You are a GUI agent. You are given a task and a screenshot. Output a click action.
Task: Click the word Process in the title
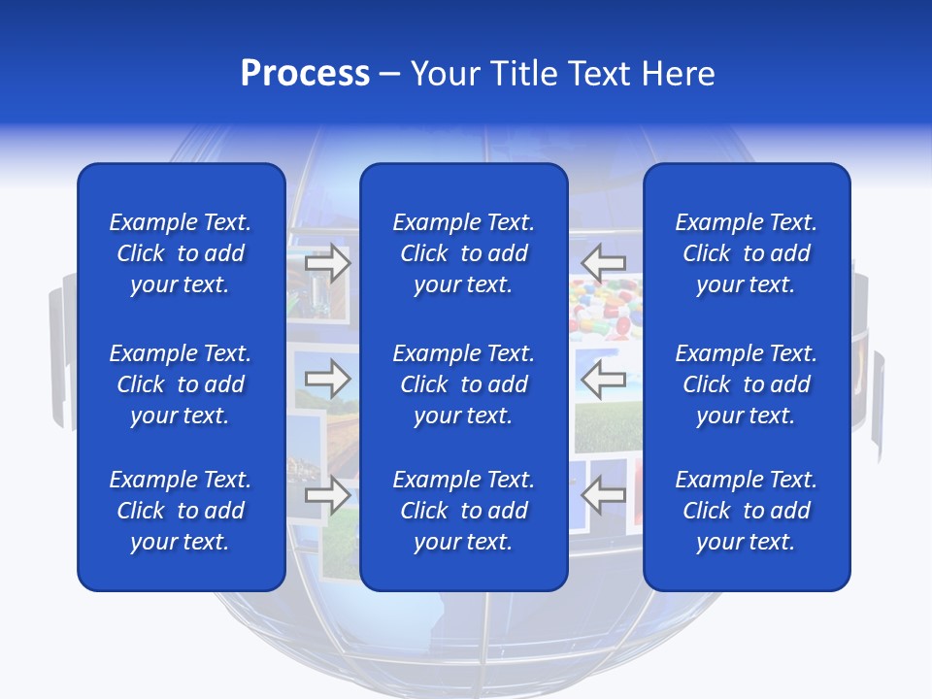click(x=305, y=74)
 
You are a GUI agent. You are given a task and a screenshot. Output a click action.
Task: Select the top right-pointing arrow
click(x=328, y=263)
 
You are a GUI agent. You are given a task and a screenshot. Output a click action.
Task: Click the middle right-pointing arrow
click(x=328, y=378)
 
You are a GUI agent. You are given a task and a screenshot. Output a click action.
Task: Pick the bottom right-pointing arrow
click(x=328, y=494)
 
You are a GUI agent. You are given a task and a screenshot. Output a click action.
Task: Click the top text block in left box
click(x=181, y=253)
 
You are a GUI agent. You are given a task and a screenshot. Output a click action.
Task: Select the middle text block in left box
click(x=181, y=384)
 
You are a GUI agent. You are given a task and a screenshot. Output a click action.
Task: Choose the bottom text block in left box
click(x=181, y=511)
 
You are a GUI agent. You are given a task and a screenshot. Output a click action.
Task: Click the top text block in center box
click(x=464, y=253)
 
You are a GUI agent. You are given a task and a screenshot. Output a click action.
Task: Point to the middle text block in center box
click(x=464, y=384)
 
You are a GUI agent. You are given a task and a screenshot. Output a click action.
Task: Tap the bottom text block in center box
click(x=464, y=511)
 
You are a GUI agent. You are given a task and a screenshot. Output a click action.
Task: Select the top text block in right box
click(x=747, y=253)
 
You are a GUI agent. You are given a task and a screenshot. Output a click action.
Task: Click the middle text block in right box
click(x=747, y=384)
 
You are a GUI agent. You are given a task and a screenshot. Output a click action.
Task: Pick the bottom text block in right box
click(x=747, y=511)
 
